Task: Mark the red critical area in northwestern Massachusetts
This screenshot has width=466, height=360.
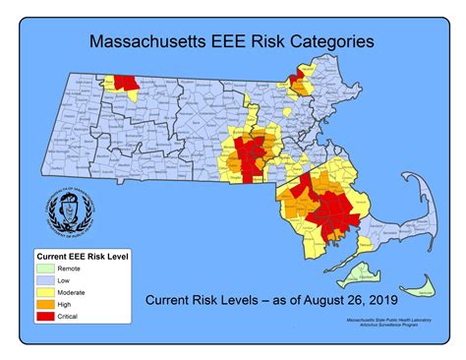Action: (125, 85)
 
